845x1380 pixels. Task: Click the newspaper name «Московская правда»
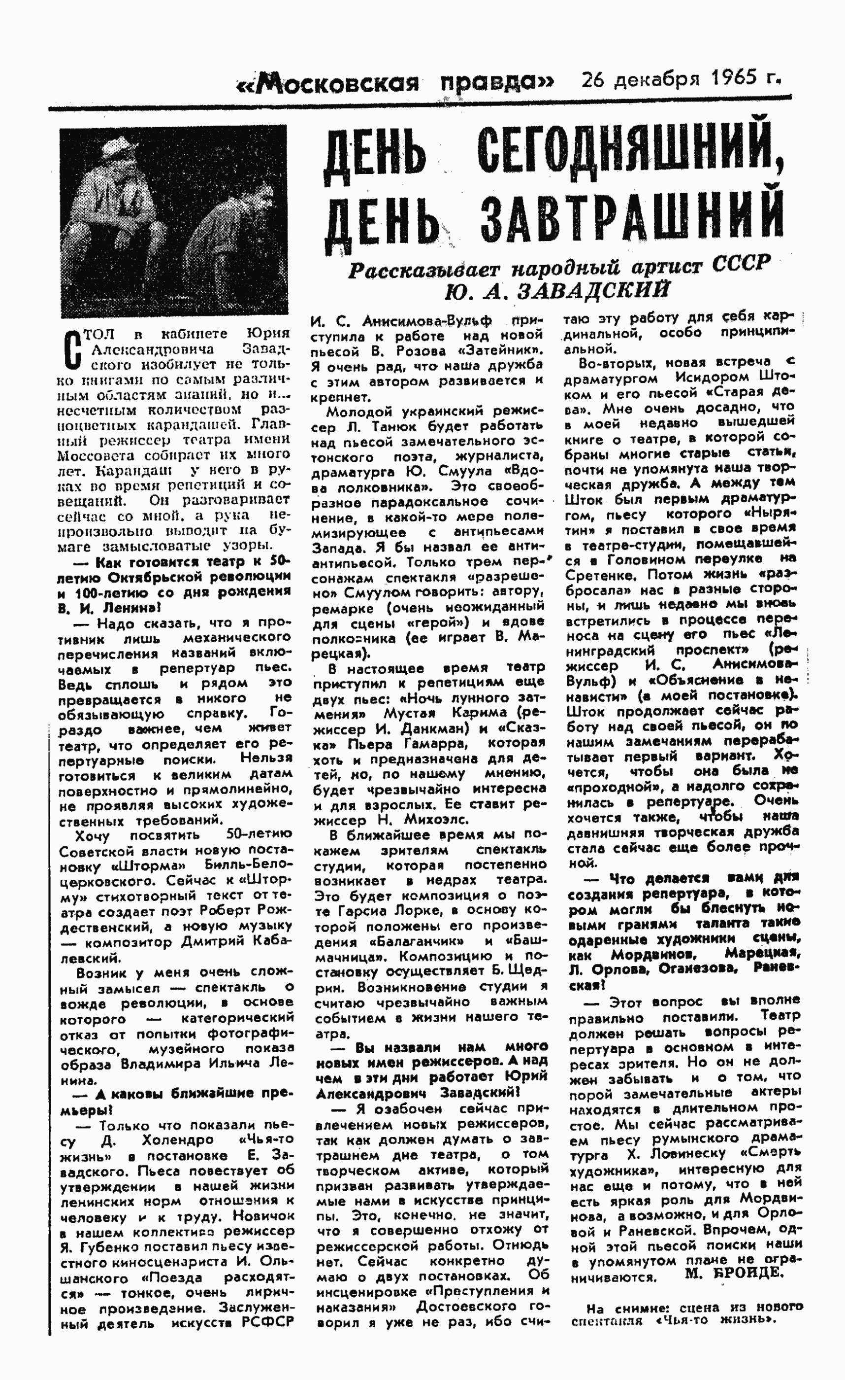pyautogui.click(x=395, y=83)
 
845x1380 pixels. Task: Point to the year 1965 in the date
pyautogui.click(x=731, y=78)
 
